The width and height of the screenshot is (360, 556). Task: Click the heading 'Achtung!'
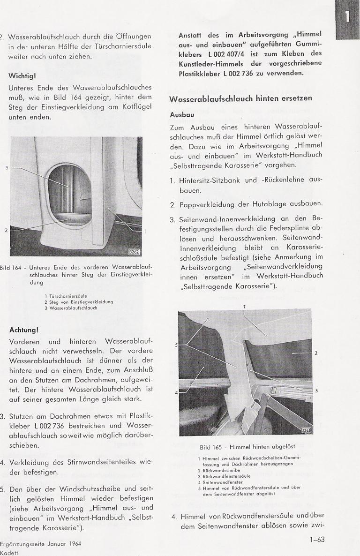[x=24, y=330]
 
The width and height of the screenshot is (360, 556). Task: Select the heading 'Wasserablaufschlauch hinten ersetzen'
[x=240, y=99]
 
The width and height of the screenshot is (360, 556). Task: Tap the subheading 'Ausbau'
[x=181, y=114]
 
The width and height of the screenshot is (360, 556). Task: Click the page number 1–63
[x=317, y=540]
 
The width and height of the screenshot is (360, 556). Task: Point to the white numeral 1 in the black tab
[x=347, y=16]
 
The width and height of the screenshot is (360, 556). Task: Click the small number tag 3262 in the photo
[x=134, y=252]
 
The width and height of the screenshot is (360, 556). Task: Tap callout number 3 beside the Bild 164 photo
[x=7, y=167]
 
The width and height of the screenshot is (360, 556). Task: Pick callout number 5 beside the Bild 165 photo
[x=176, y=346]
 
